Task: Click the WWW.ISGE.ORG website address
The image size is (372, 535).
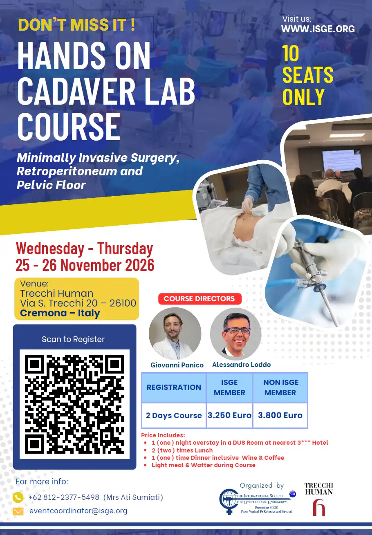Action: click(318, 29)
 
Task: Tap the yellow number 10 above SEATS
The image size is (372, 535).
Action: click(290, 53)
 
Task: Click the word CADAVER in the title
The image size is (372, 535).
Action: click(76, 91)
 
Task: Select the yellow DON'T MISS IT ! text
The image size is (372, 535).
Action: click(76, 25)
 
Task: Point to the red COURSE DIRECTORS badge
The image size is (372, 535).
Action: click(200, 298)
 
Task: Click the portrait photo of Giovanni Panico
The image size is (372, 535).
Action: click(175, 334)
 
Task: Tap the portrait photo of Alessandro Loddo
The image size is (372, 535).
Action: click(236, 334)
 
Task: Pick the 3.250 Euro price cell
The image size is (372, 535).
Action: click(229, 415)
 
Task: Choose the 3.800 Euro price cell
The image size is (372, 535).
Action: click(280, 415)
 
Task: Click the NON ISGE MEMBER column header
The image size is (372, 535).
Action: click(280, 387)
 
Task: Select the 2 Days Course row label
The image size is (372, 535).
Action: click(174, 415)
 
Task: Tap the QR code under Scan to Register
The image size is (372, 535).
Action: click(74, 404)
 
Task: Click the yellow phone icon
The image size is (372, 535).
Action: click(18, 497)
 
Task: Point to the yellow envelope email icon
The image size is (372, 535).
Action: click(18, 511)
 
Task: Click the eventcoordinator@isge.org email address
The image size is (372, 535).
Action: click(78, 510)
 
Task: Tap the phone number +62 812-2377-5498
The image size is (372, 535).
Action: click(64, 497)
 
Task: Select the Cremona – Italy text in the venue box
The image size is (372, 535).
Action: click(60, 313)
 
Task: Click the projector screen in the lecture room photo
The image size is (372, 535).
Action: click(342, 160)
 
